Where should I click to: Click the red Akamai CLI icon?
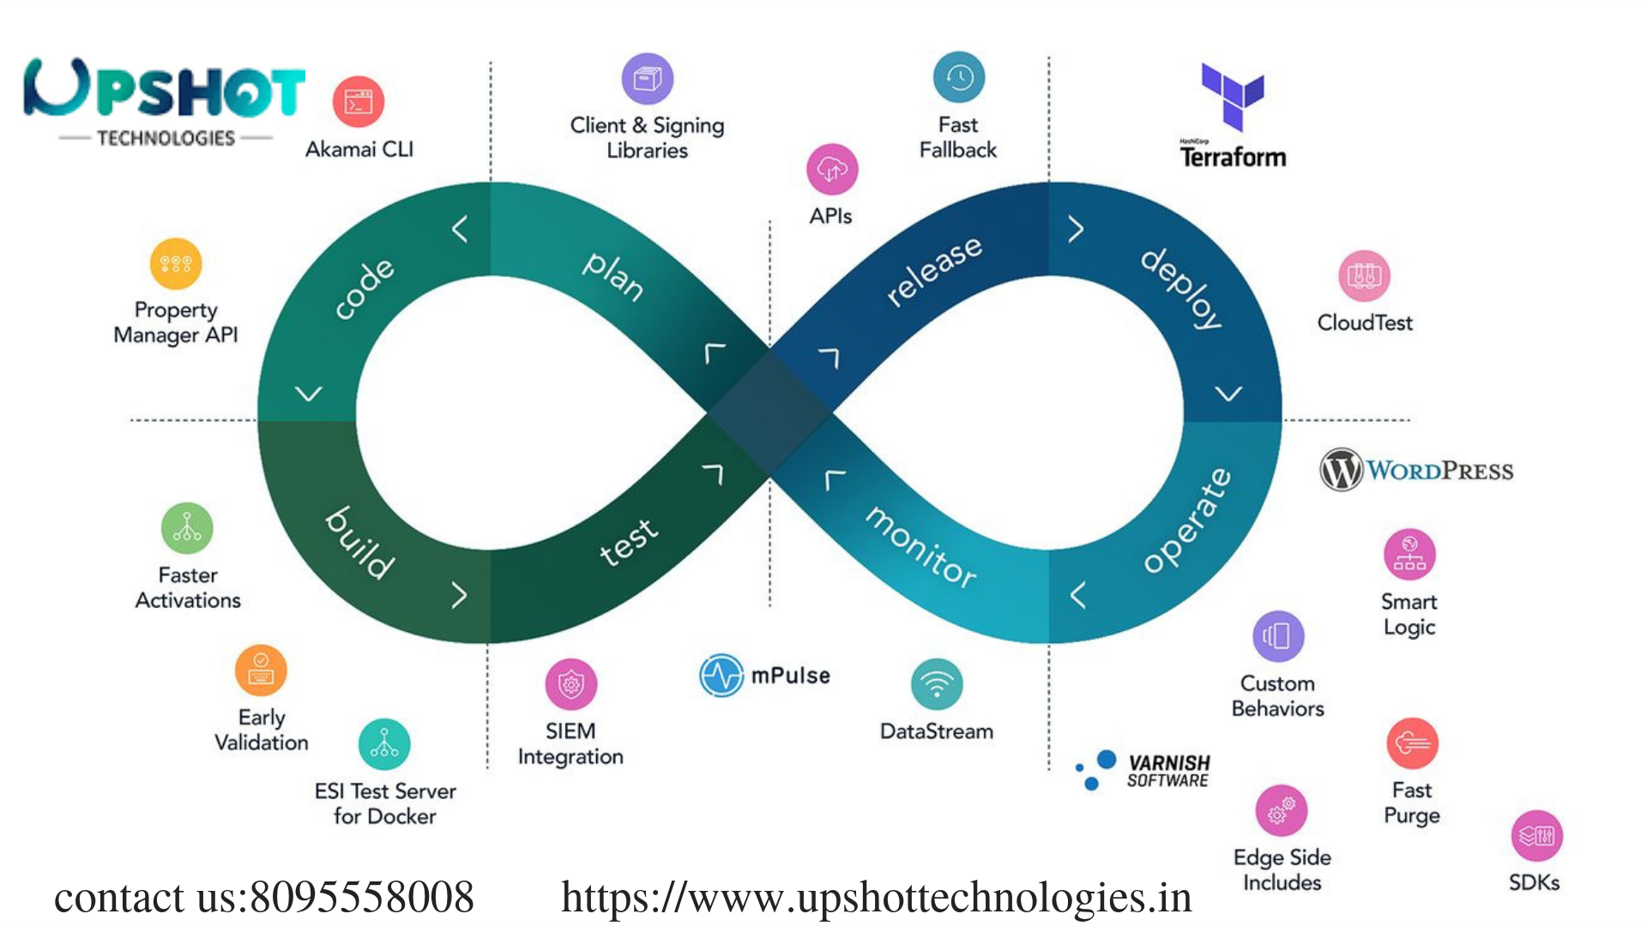pos(358,102)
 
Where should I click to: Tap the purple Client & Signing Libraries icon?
pos(647,79)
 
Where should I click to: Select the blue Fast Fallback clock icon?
pos(958,78)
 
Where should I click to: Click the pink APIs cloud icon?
pos(831,169)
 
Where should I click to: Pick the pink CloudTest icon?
pos(1364,276)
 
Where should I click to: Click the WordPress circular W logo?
pos(1341,470)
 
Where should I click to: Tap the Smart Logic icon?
pos(1409,555)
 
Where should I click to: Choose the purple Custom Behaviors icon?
pos(1277,636)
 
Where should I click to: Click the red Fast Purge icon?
pos(1412,743)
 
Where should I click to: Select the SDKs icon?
pos(1535,836)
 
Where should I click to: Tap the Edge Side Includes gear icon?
pos(1281,810)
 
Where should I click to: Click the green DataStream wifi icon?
pos(937,684)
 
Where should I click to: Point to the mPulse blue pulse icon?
pos(721,676)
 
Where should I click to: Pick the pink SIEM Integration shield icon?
pos(570,684)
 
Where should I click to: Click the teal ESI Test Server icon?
pos(384,744)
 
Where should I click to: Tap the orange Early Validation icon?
pos(261,670)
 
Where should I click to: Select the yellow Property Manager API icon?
pos(176,263)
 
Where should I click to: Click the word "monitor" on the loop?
pos(920,547)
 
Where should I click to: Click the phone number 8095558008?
pos(361,898)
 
